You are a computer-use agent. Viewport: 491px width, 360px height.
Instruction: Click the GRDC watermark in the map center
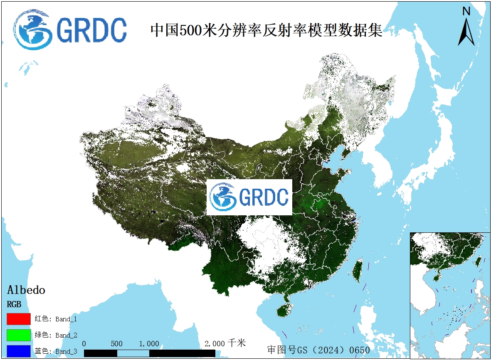coord(249,197)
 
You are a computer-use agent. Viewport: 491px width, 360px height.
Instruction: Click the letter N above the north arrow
coord(466,11)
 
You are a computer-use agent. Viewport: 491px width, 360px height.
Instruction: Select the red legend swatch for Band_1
coord(19,319)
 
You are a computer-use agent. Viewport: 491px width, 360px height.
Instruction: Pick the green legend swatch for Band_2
coord(19,335)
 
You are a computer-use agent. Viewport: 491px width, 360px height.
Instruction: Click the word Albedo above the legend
coord(26,290)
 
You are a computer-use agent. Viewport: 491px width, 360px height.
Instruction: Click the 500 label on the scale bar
coord(117,344)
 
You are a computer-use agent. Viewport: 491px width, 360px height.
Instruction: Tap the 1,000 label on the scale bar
coord(149,344)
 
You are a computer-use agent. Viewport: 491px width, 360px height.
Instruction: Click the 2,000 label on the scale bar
coord(215,344)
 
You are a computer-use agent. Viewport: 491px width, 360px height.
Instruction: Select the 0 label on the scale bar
coord(84,344)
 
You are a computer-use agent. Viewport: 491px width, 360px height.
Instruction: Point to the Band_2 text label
coord(66,335)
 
